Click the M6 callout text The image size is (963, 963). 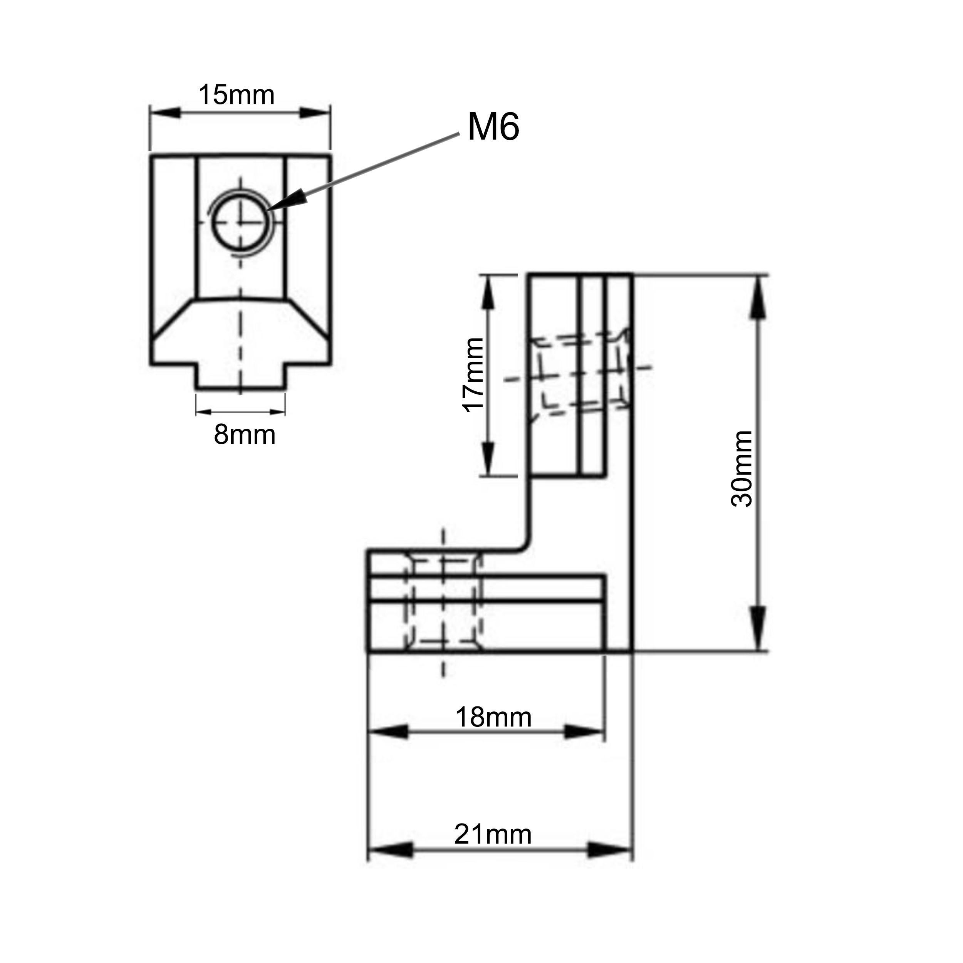click(493, 127)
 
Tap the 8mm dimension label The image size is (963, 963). click(244, 435)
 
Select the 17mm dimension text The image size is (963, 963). click(473, 375)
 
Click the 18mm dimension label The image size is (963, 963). click(493, 717)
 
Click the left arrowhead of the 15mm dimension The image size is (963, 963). click(164, 112)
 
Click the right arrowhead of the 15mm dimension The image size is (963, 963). click(315, 112)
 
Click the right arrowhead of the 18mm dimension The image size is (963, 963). click(584, 732)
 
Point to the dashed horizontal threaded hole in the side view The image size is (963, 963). click(578, 374)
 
